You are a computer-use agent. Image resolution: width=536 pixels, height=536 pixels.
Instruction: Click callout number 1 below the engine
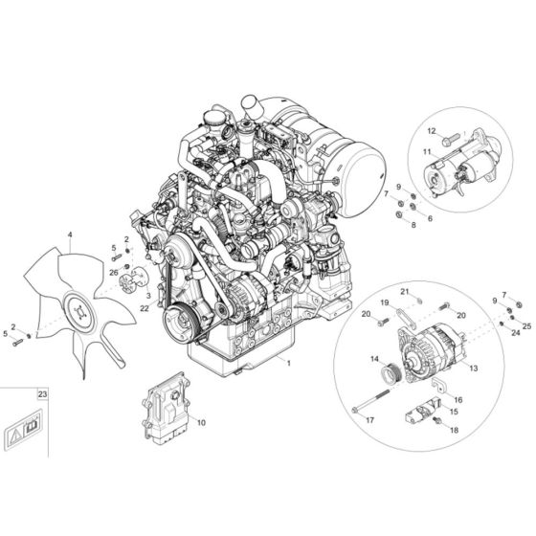pos(284,365)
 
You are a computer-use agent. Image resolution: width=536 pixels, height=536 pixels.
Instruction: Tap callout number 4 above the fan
pos(69,234)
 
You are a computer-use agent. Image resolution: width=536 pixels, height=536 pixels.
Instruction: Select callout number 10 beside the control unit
pos(201,421)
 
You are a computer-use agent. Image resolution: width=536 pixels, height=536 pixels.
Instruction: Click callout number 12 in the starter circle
pos(432,130)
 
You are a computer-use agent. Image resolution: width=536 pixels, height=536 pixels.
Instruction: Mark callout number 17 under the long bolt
pos(371,418)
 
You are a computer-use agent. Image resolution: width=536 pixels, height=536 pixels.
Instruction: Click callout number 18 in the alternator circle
pos(454,432)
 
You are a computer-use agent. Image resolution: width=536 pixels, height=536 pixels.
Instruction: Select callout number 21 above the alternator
pos(404,291)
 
